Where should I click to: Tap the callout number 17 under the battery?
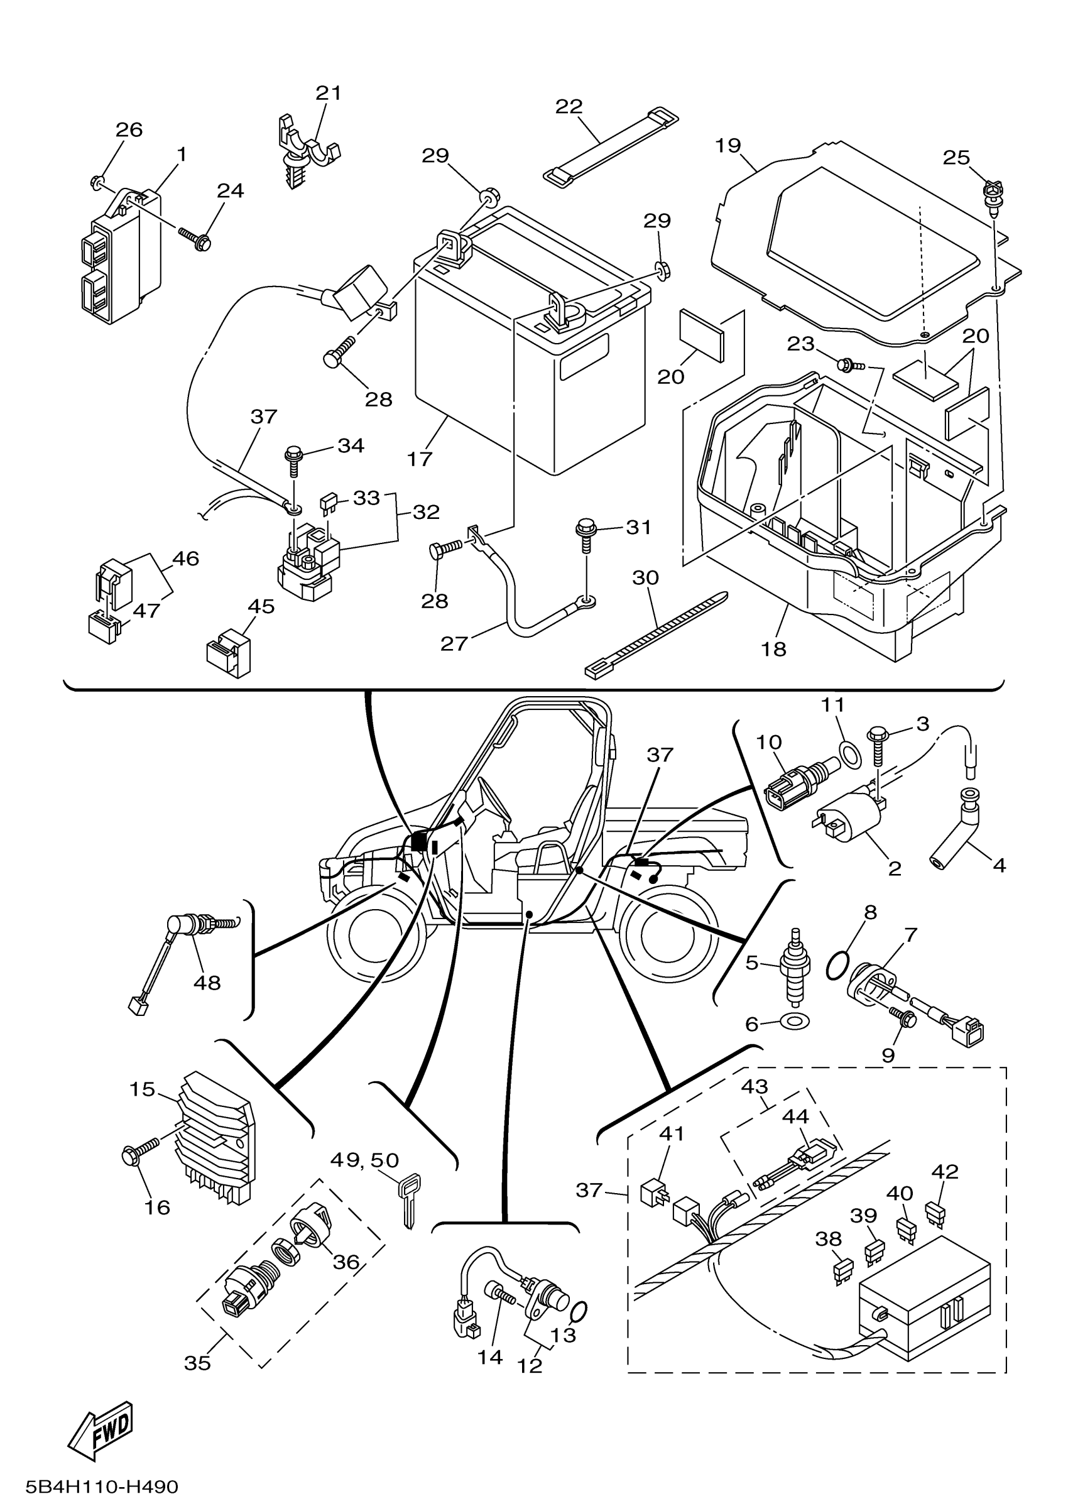point(419,459)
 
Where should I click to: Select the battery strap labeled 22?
point(611,147)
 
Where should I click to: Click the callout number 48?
point(207,983)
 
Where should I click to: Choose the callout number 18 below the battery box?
point(774,649)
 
